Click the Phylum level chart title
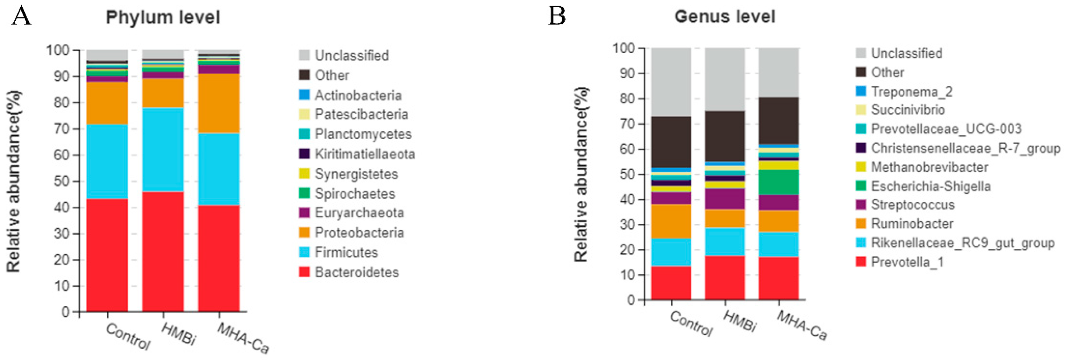[163, 17]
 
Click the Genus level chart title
[725, 17]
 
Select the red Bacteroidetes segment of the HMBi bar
[163, 251]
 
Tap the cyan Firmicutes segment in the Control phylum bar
[107, 161]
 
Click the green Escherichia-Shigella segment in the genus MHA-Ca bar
[778, 182]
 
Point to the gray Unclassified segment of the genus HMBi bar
[725, 79]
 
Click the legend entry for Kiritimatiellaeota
[364, 154]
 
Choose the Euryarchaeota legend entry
[359, 213]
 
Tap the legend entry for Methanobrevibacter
[929, 167]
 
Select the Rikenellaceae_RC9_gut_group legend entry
[962, 243]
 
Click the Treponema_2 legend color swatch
[861, 91]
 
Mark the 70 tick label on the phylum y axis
[62, 129]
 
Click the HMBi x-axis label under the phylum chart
[178, 334]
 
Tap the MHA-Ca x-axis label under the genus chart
[801, 326]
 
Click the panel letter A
[22, 17]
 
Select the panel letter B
[557, 17]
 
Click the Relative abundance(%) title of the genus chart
[581, 174]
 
